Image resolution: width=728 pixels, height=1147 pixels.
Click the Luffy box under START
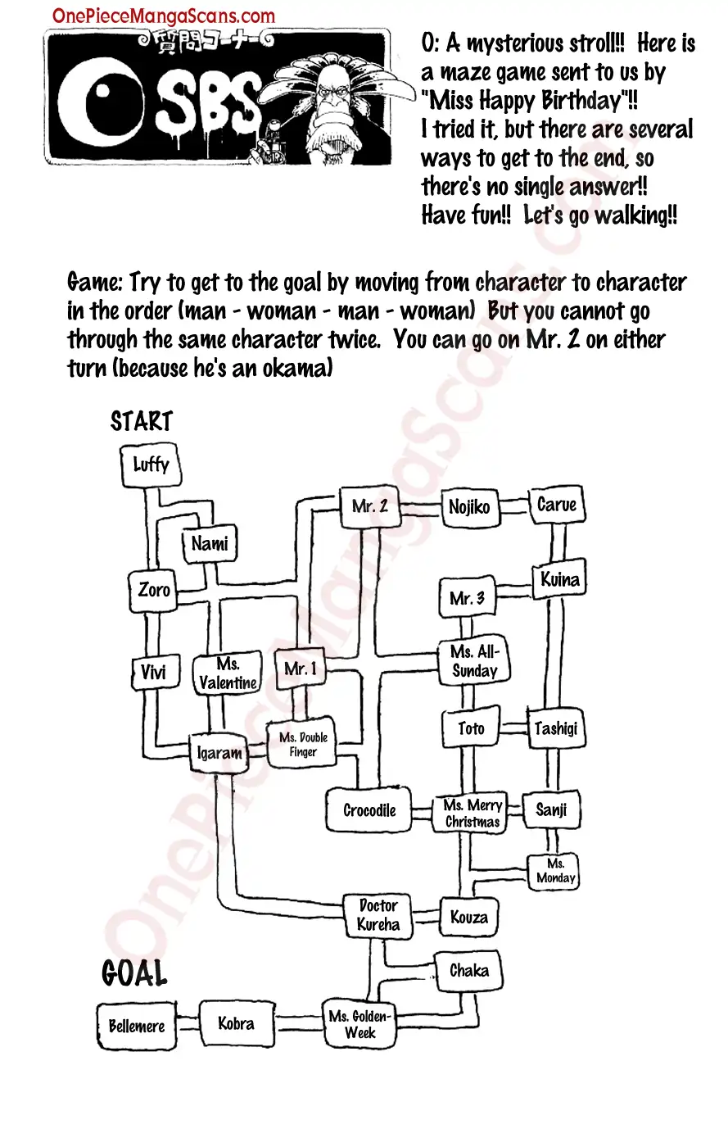(x=151, y=465)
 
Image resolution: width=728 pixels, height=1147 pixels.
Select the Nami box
(x=210, y=543)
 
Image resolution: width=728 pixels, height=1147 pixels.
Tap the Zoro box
(x=153, y=591)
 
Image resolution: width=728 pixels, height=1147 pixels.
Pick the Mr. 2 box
(x=369, y=506)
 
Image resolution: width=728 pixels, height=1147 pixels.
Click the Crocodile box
(x=369, y=809)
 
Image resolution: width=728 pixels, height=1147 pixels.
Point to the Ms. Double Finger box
(x=302, y=744)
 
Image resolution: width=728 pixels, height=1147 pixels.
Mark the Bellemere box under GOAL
(x=137, y=1026)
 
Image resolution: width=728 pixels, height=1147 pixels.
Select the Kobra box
(x=236, y=1023)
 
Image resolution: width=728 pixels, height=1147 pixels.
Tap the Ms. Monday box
(x=554, y=872)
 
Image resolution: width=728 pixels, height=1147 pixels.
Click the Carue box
(x=557, y=505)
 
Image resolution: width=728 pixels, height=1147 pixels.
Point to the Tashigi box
(x=555, y=728)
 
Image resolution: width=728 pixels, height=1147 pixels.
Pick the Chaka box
(x=469, y=971)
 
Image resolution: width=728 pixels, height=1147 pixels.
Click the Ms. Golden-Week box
(x=359, y=1024)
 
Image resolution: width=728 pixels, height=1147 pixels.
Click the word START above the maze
(x=142, y=421)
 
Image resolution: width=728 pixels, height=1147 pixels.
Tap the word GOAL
(x=134, y=973)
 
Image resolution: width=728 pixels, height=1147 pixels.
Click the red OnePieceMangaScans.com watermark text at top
(x=163, y=16)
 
